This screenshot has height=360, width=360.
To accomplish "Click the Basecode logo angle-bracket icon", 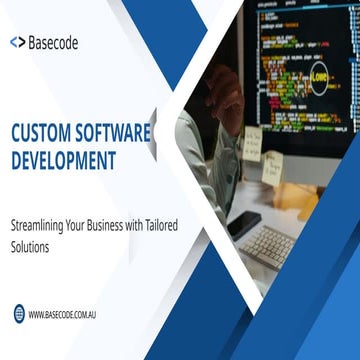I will point(18,43).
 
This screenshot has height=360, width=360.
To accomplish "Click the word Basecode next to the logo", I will point(53,43).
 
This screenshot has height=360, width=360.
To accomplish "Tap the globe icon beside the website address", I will point(19,314).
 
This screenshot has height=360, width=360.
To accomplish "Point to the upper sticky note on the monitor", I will point(253,139).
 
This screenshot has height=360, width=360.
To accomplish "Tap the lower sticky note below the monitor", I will point(271,167).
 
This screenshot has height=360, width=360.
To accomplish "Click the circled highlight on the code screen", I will point(320,75).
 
